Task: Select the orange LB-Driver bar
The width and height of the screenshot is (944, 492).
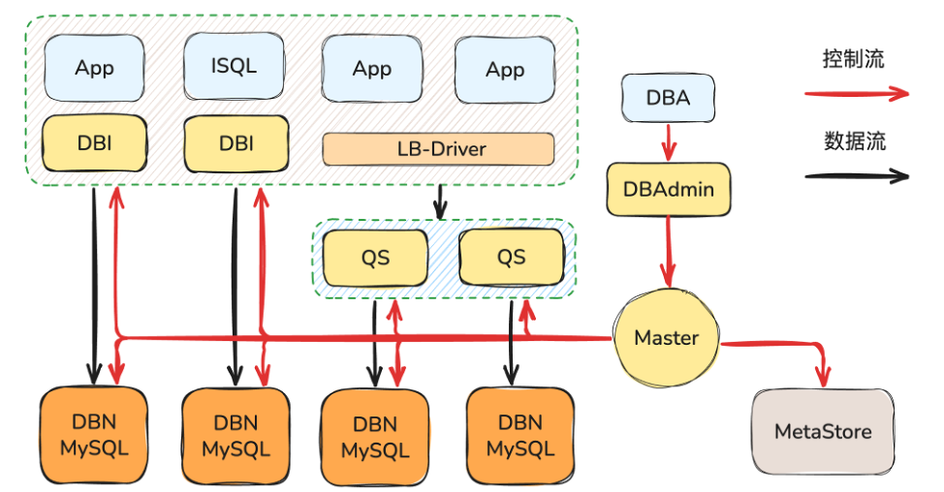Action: [x=438, y=149]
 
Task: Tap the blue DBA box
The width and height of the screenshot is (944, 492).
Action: [x=668, y=99]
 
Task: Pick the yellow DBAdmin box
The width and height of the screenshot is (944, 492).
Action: [x=669, y=189]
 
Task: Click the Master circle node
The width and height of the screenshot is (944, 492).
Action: [x=667, y=338]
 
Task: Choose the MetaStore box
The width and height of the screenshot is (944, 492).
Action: [x=823, y=431]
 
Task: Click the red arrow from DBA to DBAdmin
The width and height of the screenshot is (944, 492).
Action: [x=668, y=143]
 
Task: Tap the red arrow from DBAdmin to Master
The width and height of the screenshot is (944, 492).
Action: [x=668, y=249]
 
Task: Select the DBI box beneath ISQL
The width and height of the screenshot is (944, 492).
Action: [x=236, y=143]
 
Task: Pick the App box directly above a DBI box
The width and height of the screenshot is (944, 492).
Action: [x=94, y=68]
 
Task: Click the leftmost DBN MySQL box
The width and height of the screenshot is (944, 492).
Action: [x=94, y=436]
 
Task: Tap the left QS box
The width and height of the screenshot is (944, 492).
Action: [x=375, y=257]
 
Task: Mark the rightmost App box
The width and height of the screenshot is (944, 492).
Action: [x=505, y=70]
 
